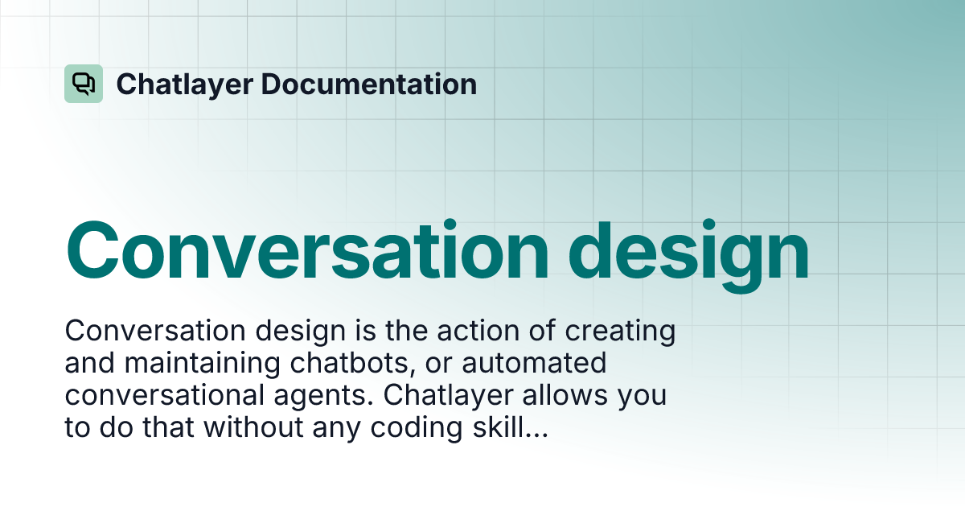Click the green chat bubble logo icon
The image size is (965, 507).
point(84,84)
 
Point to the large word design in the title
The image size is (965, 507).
point(689,251)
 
